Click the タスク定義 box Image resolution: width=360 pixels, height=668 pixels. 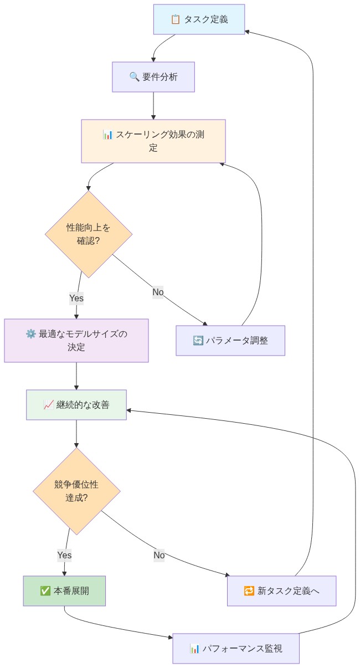point(199,19)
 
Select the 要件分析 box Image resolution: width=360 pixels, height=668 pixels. point(153,77)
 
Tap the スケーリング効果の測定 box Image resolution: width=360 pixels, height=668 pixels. point(153,141)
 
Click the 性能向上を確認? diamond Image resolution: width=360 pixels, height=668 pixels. point(89,234)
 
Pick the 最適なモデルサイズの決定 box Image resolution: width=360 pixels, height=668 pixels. point(76,341)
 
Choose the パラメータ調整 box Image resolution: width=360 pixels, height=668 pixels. point(230,341)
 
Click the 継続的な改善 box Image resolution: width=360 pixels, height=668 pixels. point(76,405)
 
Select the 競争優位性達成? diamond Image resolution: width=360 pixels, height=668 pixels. point(76,491)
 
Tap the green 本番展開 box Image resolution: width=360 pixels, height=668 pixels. point(64,591)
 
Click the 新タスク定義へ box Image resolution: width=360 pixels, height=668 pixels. point(281,591)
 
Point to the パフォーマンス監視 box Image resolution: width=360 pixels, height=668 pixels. point(236,648)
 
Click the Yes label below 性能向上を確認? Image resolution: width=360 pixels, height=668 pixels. point(76,298)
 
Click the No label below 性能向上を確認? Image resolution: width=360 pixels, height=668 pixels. point(158,292)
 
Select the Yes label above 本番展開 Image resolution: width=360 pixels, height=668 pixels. point(64,554)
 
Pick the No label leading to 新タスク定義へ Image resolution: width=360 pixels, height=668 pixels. point(159,555)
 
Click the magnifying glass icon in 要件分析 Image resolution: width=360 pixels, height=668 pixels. point(134,77)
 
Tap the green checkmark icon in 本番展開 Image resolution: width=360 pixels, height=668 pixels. point(45,591)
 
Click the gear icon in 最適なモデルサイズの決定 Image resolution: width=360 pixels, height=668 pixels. point(30,334)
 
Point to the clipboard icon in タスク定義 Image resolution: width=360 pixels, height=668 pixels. point(176,19)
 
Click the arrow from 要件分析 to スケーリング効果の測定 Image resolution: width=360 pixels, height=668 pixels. point(153,105)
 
